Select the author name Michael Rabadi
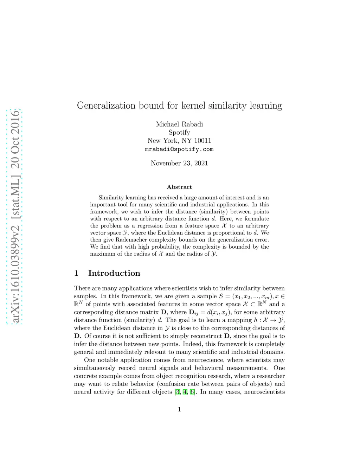(179, 124)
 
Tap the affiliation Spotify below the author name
(179, 133)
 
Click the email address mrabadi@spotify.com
(179, 149)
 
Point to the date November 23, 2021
(179, 163)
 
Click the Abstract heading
(179, 187)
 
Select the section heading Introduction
(114, 273)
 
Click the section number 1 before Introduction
(76, 273)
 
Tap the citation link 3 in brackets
(178, 392)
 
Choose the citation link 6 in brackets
(192, 392)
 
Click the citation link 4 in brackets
(185, 392)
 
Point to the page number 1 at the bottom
(179, 409)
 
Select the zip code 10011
(202, 141)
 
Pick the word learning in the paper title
(266, 106)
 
